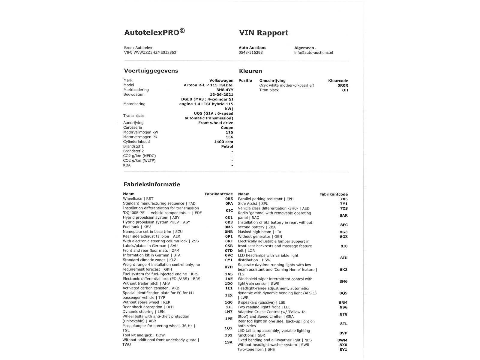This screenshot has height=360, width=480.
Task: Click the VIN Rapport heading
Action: pyautogui.click(x=263, y=33)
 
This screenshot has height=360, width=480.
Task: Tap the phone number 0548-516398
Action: pyautogui.click(x=250, y=52)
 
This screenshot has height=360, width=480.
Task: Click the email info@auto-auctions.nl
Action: pyautogui.click(x=313, y=52)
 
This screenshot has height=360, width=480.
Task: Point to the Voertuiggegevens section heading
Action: pyautogui.click(x=151, y=71)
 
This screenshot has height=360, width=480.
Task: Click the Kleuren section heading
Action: pyautogui.click(x=250, y=71)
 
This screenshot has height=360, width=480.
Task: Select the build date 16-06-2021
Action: pyautogui.click(x=221, y=94)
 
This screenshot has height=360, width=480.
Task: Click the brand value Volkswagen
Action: pyautogui.click(x=221, y=80)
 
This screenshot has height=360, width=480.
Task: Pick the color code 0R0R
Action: pyautogui.click(x=343, y=85)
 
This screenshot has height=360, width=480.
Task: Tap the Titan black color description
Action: pyautogui.click(x=269, y=90)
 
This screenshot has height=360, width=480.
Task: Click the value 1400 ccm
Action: pyautogui.click(x=223, y=142)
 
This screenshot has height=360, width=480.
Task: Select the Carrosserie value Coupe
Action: pyautogui.click(x=227, y=127)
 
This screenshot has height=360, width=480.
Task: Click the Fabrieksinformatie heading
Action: pyautogui.click(x=151, y=184)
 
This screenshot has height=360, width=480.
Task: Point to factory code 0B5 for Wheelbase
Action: pyautogui.click(x=229, y=199)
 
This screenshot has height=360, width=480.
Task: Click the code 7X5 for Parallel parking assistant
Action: pyautogui.click(x=343, y=199)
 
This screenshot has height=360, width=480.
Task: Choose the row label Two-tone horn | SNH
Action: pyautogui.click(x=256, y=349)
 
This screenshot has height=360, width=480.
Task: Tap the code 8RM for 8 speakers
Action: pyautogui.click(x=343, y=303)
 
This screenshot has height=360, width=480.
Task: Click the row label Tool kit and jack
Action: pyautogui.click(x=143, y=335)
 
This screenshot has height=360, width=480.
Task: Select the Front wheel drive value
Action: pyautogui.click(x=215, y=123)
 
